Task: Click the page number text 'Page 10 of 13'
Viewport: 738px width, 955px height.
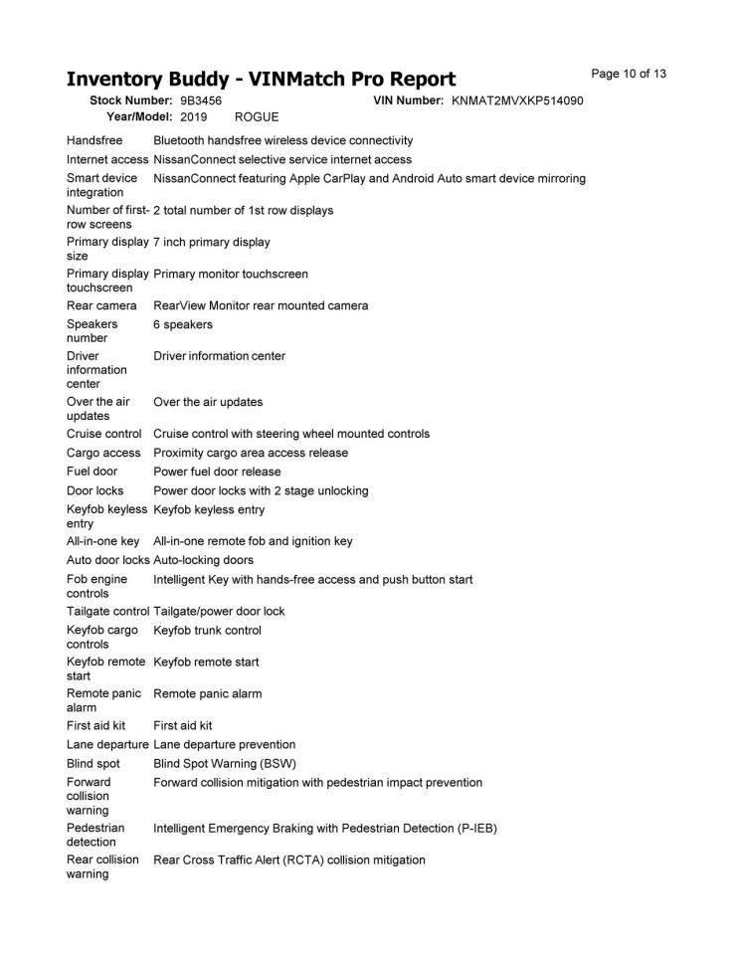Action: point(629,74)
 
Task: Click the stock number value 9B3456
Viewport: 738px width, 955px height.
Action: point(201,101)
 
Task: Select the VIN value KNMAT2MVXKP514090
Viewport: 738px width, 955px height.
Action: point(517,101)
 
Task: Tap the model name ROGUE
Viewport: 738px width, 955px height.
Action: point(257,116)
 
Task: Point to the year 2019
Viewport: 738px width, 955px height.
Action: point(194,116)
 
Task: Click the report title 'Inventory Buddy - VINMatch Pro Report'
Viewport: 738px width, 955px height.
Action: point(261,80)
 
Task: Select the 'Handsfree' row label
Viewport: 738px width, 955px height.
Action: point(94,140)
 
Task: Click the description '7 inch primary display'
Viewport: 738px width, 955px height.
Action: point(212,242)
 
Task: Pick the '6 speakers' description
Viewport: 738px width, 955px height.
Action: point(183,324)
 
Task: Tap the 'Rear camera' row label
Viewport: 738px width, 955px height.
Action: point(101,305)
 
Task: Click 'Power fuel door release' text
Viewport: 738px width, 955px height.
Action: point(217,472)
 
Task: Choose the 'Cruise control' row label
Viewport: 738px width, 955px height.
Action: point(104,434)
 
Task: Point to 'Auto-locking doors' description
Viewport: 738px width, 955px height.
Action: point(203,560)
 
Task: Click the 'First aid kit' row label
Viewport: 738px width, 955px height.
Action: point(96,725)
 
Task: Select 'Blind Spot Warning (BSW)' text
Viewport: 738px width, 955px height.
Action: point(225,763)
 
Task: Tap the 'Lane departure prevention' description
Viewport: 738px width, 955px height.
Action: point(224,744)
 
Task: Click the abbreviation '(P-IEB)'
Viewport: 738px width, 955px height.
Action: point(474,828)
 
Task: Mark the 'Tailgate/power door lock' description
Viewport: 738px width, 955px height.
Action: point(219,611)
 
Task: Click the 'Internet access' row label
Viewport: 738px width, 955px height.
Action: point(107,159)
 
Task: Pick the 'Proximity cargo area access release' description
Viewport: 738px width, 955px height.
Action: point(251,453)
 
